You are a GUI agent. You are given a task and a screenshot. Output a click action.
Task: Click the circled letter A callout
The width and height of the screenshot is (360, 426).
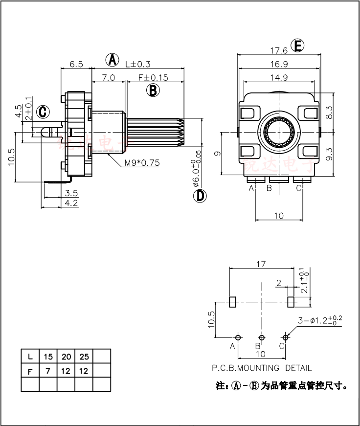(113, 60)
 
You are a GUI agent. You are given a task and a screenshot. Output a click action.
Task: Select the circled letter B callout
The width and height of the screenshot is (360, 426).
(153, 90)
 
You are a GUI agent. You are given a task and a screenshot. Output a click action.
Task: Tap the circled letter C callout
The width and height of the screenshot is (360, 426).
(43, 112)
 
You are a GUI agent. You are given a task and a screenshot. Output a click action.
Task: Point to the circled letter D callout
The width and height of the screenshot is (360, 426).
(200, 196)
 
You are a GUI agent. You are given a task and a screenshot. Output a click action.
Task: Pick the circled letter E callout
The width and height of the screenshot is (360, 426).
(297, 46)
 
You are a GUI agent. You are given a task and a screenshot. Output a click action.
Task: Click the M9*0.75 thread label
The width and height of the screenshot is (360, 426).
(141, 163)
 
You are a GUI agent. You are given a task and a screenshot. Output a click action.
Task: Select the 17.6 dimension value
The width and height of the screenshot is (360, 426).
(278, 50)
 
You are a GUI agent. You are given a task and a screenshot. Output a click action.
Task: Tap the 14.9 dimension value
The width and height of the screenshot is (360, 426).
(278, 77)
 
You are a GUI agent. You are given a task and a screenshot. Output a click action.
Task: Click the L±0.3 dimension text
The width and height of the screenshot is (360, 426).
(137, 64)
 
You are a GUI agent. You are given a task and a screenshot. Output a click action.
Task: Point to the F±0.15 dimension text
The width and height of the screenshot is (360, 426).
(154, 77)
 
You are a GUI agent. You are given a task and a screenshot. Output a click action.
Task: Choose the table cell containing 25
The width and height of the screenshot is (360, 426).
(84, 356)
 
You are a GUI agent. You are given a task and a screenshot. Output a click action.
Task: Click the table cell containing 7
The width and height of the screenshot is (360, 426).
(48, 371)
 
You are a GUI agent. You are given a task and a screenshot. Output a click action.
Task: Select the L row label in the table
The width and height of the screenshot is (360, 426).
(30, 356)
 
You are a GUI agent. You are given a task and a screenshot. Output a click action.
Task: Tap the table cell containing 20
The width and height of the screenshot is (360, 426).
(66, 356)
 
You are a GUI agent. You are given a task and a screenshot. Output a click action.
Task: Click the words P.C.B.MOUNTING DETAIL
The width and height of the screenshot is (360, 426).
(262, 368)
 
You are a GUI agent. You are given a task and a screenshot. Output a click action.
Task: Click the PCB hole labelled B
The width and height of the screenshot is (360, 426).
(262, 337)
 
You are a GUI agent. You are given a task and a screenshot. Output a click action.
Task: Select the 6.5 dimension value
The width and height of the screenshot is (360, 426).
(76, 64)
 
